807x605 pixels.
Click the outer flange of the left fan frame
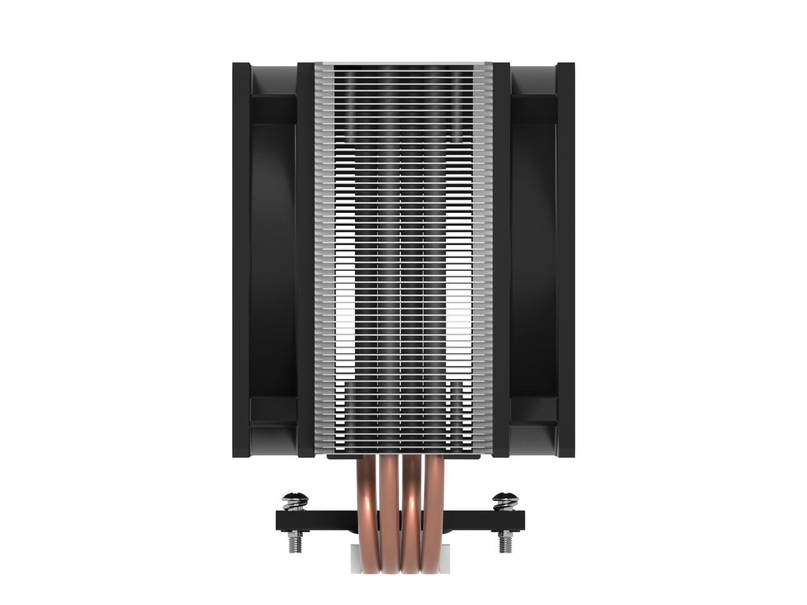tap(241, 252)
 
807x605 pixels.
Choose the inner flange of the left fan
tap(305, 252)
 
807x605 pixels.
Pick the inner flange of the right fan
tap(501, 252)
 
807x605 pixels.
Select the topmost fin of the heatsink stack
tap(403, 66)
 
